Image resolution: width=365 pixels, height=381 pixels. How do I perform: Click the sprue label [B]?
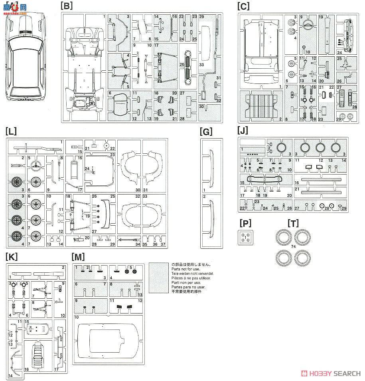click(x=66, y=6)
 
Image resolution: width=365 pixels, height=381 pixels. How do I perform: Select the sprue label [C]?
click(x=243, y=6)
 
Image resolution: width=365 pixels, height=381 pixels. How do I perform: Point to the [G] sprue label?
click(x=207, y=132)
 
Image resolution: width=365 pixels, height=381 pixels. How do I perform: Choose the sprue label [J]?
click(x=243, y=131)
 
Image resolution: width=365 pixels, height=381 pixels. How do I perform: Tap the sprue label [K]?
click(x=12, y=256)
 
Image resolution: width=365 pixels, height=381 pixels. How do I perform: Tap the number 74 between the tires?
click(x=293, y=247)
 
